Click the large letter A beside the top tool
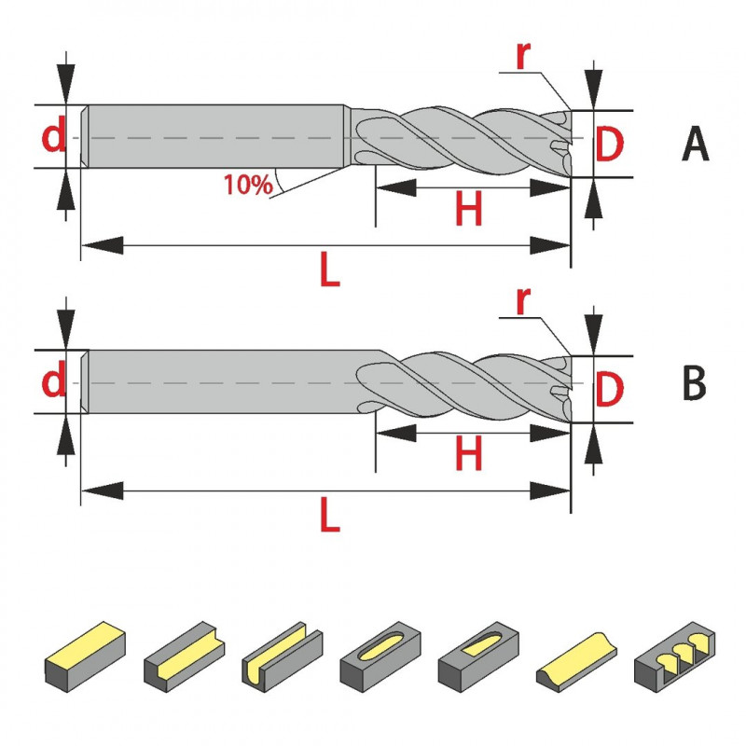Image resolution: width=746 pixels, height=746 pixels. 696,144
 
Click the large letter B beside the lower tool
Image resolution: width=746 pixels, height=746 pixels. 695,383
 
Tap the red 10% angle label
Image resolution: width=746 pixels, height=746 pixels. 247,184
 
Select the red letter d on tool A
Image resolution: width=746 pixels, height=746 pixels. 55,138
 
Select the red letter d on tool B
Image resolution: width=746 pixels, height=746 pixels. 55,382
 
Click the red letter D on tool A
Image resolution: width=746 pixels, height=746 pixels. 609,145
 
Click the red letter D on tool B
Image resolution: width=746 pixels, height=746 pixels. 609,390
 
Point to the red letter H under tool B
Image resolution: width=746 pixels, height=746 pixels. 468,455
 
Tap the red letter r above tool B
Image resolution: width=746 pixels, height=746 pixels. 524,300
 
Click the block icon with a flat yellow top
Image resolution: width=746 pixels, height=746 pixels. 84,652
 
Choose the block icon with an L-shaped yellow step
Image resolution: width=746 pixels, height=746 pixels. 183,652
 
